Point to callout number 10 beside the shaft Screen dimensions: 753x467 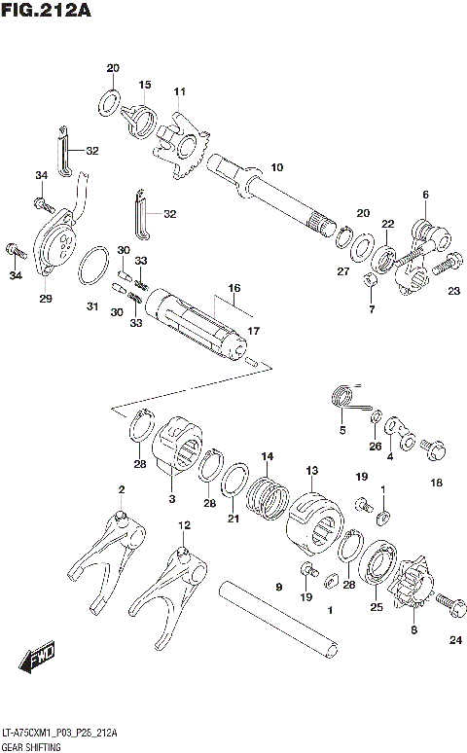pos(276,167)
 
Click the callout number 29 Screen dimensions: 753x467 pos(45,298)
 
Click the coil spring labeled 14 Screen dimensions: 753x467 pos(265,493)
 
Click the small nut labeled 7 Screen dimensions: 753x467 pos(371,281)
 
